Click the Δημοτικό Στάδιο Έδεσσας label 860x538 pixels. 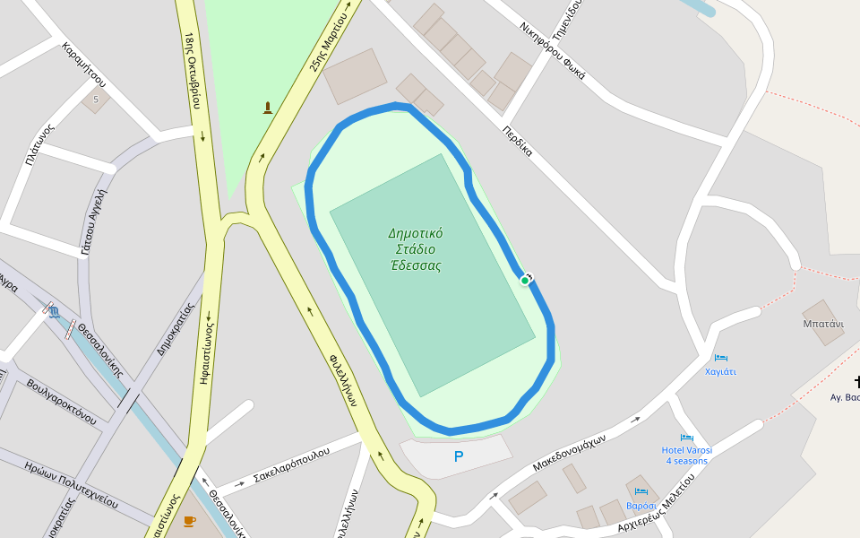(415, 249)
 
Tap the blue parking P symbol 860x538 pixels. (459, 457)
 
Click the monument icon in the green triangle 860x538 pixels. (267, 108)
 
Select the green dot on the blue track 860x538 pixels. (525, 281)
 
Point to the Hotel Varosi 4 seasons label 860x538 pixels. (687, 455)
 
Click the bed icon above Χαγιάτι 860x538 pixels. (720, 358)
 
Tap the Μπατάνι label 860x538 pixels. (823, 324)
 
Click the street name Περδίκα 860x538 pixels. (518, 141)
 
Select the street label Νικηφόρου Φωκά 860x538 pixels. (552, 51)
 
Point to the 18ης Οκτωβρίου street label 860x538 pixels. (191, 70)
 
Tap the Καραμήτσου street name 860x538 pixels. (84, 70)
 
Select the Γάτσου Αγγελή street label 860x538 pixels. (94, 221)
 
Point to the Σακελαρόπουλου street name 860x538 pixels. (292, 462)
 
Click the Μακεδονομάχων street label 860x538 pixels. (569, 453)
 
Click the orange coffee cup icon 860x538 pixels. (189, 521)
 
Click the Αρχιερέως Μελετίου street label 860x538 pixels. (657, 504)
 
